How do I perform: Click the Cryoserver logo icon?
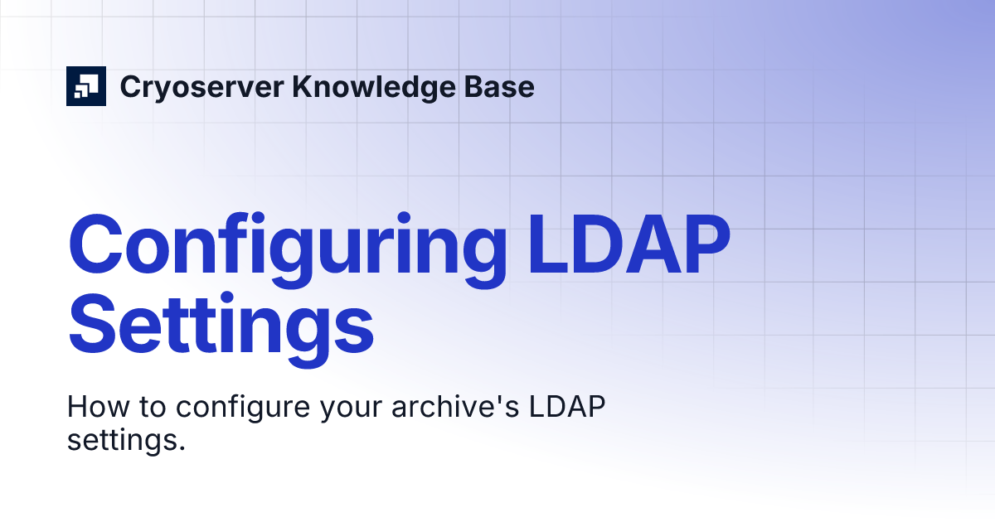pyautogui.click(x=86, y=86)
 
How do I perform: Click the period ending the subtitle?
pyautogui.click(x=180, y=448)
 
